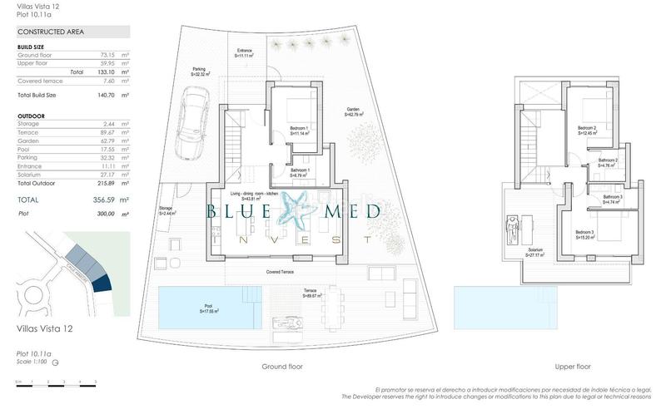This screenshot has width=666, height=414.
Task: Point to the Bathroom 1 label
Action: [x=300, y=173]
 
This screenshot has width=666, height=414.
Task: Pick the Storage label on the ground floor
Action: [x=167, y=211]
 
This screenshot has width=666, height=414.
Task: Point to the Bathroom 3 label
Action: [x=612, y=199]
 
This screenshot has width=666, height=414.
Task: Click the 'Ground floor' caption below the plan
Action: [x=282, y=366]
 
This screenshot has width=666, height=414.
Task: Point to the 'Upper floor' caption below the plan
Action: [x=573, y=366]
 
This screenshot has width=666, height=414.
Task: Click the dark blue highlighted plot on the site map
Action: [x=102, y=283]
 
